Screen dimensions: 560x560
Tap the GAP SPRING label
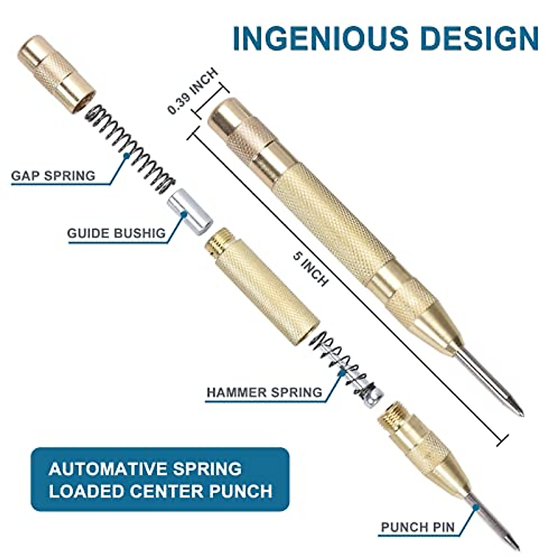pos(53,176)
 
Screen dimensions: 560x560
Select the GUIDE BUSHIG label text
pos(116,233)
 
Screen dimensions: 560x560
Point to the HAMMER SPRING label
pos(265,392)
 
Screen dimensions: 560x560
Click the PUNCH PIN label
pos(418,528)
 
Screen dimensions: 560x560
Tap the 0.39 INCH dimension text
pos(193,91)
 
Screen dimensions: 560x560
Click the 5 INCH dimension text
pos(311,269)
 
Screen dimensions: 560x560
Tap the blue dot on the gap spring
pos(126,156)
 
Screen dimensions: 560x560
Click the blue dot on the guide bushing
pos(184,214)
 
